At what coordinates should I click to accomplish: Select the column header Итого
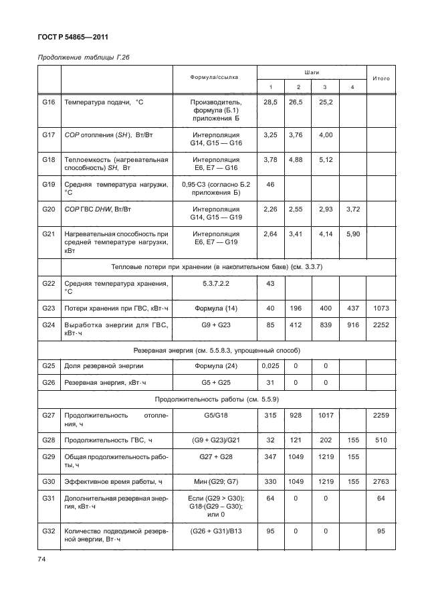tap(381, 78)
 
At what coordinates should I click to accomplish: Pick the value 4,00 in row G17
tap(325, 135)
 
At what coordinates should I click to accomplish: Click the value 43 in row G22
tap(271, 284)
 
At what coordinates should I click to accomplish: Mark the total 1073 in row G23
tap(381, 309)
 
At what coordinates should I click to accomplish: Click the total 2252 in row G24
tap(381, 327)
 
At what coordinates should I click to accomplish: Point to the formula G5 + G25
tap(215, 382)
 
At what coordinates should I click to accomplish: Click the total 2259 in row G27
tap(381, 416)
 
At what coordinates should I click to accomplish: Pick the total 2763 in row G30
tap(381, 481)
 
